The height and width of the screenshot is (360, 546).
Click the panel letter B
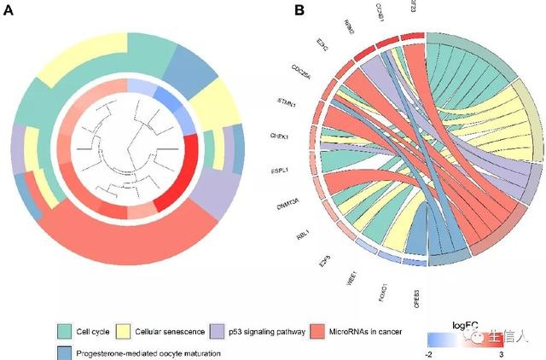[299, 10]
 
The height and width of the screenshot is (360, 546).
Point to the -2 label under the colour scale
[428, 352]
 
